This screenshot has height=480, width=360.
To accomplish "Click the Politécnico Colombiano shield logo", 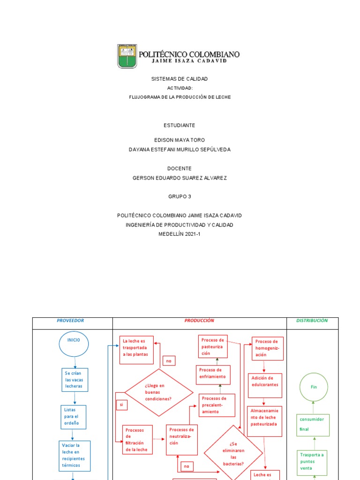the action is [127, 56].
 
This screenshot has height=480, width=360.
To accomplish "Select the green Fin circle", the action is [314, 387].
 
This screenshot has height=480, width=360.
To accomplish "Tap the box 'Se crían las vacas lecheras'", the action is [75, 380].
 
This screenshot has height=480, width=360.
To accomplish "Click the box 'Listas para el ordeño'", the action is [74, 416].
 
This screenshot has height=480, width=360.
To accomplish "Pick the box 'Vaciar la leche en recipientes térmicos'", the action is [74, 456].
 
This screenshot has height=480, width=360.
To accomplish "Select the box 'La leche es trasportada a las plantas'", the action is [136, 348].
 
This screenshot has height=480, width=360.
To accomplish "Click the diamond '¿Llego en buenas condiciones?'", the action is [158, 392].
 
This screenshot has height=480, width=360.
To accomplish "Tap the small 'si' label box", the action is [121, 404].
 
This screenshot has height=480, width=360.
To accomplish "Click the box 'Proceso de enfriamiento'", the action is [213, 374].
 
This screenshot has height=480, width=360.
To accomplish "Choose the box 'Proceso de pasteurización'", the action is [213, 347].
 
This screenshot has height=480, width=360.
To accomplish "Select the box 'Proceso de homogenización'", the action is [268, 348].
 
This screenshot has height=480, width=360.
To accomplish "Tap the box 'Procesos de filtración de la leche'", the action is [137, 440].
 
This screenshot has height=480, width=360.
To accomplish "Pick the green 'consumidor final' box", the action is [313, 425].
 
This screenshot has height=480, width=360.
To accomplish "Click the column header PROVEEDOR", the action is [70, 321].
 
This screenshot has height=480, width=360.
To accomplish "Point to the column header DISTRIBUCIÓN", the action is [312, 321].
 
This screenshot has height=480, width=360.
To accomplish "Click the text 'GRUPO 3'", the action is [180, 196].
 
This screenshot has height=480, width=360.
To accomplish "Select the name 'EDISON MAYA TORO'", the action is [180, 140].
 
